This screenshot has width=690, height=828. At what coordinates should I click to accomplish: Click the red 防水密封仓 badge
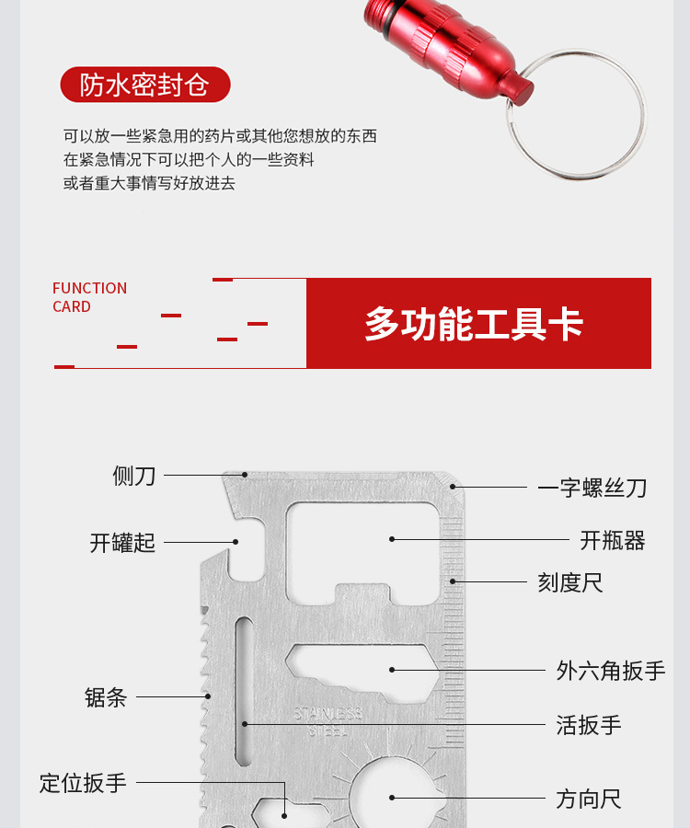tap(145, 85)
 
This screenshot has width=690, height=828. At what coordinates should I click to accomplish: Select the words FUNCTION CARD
tap(90, 297)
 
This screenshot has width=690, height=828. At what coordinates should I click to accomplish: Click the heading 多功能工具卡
tap(474, 324)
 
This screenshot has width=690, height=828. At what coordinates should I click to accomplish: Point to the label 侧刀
tap(134, 476)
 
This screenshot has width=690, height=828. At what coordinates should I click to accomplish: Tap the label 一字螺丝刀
tap(592, 488)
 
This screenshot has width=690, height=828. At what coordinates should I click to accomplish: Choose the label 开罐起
tap(122, 542)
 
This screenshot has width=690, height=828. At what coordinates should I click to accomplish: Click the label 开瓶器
tap(613, 540)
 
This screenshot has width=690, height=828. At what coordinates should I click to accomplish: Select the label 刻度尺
tap(570, 582)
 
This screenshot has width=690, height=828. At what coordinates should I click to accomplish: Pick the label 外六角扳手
tap(611, 671)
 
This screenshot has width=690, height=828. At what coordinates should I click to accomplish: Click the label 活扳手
tap(589, 725)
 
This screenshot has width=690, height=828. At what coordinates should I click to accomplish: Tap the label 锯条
tap(106, 697)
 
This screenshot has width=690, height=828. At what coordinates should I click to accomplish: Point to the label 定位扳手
tap(83, 783)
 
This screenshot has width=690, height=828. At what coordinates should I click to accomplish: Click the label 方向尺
tap(589, 799)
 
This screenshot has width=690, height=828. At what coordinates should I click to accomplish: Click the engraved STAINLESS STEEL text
tap(328, 722)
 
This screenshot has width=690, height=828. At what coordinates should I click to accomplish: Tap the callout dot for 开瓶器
tap(392, 539)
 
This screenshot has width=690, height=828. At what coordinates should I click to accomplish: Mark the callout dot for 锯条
tap(208, 696)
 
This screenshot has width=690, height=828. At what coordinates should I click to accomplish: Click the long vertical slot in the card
tap(244, 691)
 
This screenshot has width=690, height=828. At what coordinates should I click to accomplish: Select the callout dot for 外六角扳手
tap(392, 670)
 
